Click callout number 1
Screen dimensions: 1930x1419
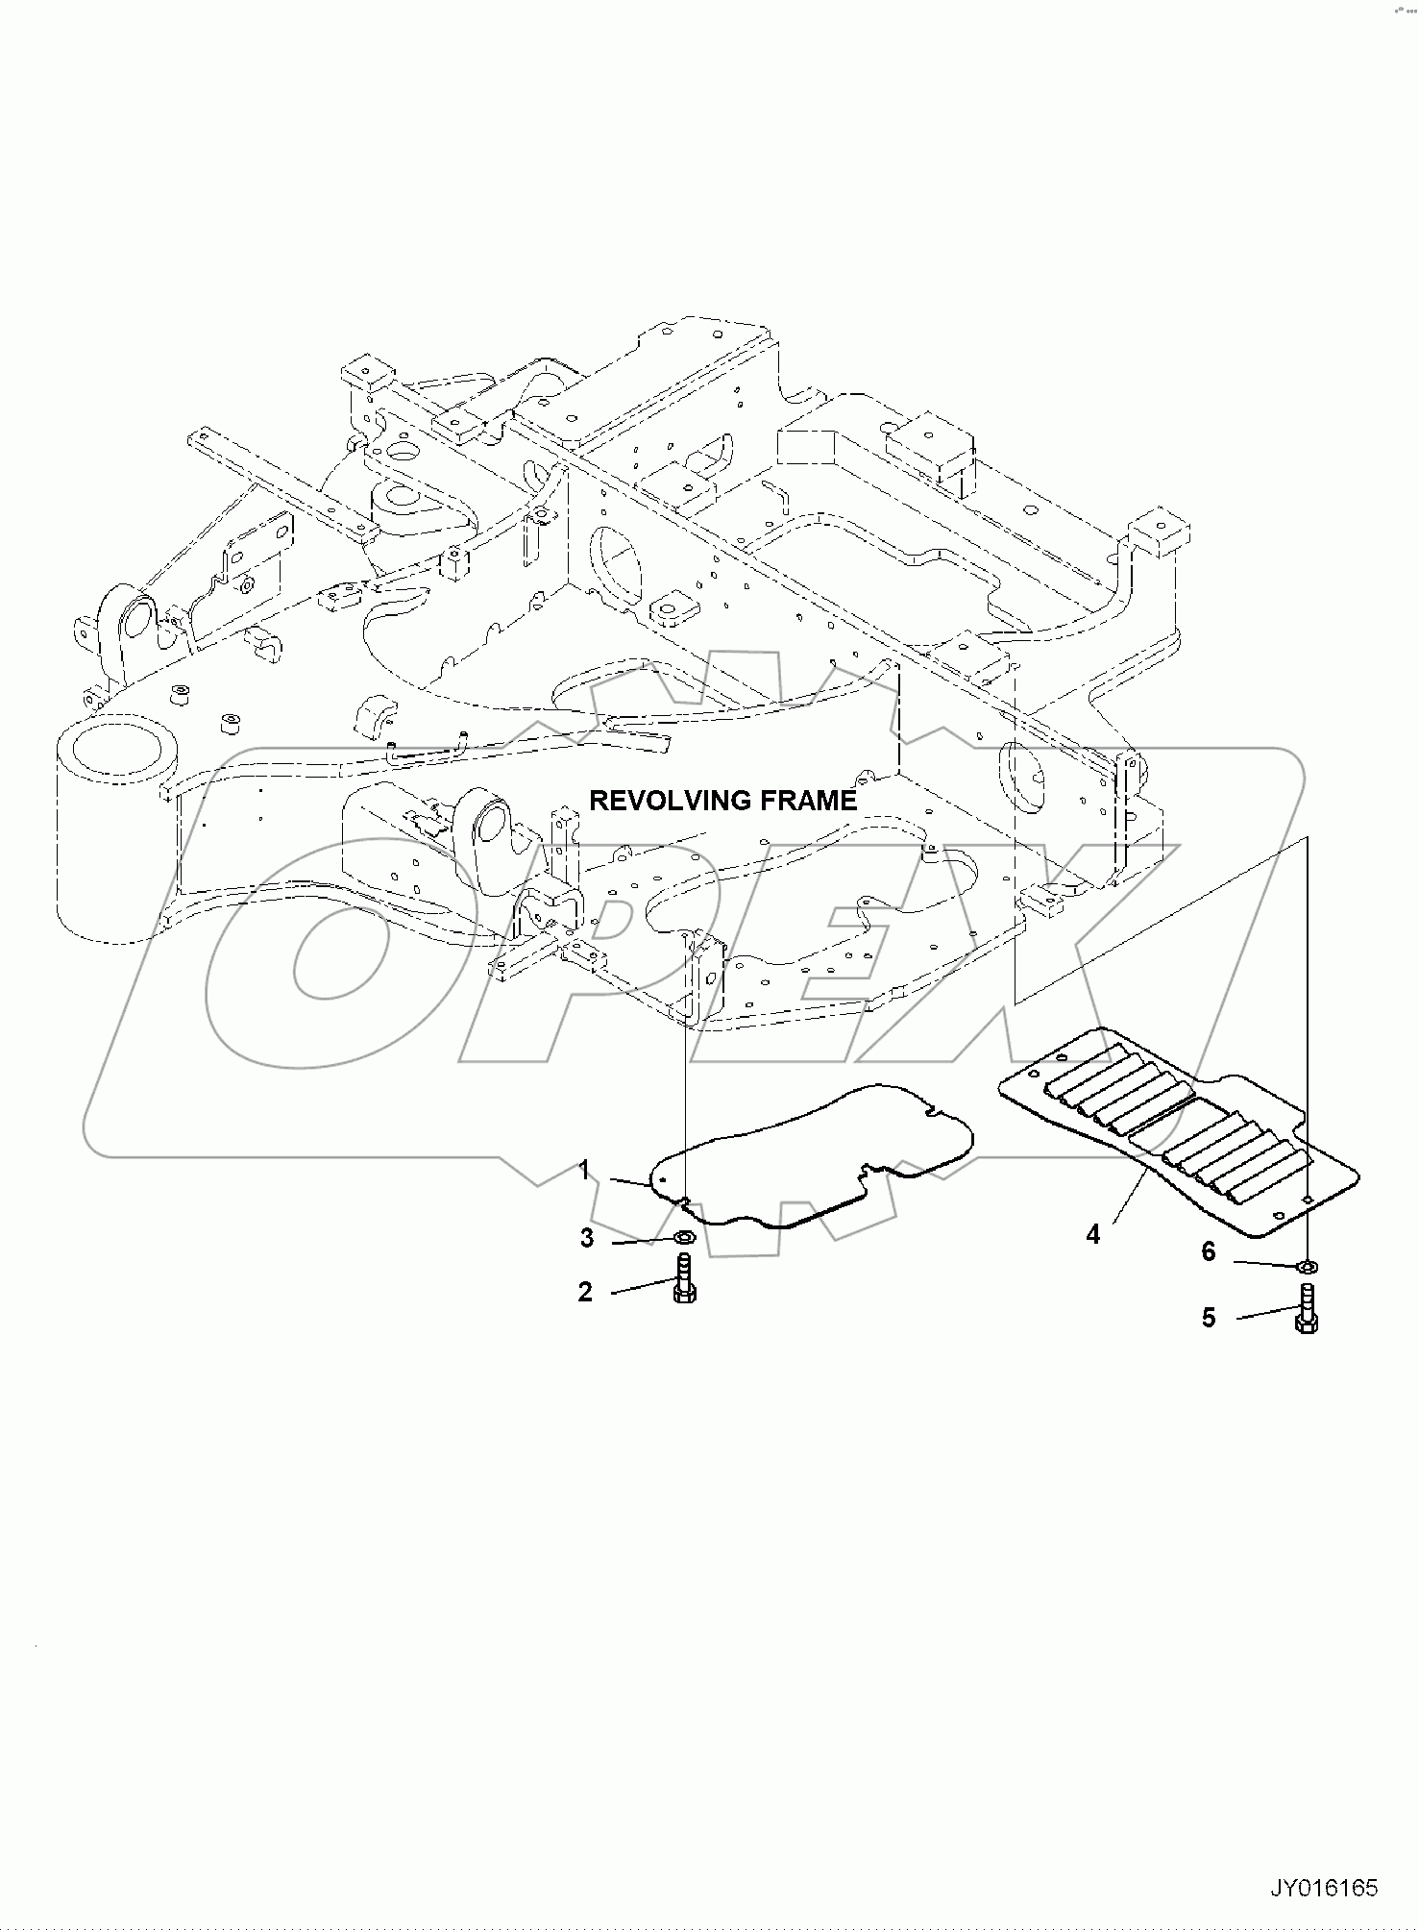583,1171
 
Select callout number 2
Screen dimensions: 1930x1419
585,1292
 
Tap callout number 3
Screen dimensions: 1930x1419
586,1239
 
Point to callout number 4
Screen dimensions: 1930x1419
1092,1234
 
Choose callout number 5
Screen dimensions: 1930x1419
1209,1317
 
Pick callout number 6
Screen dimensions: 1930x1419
1209,1251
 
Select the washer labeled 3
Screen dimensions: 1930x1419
686,1236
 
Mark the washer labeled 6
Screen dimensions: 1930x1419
1307,1267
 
